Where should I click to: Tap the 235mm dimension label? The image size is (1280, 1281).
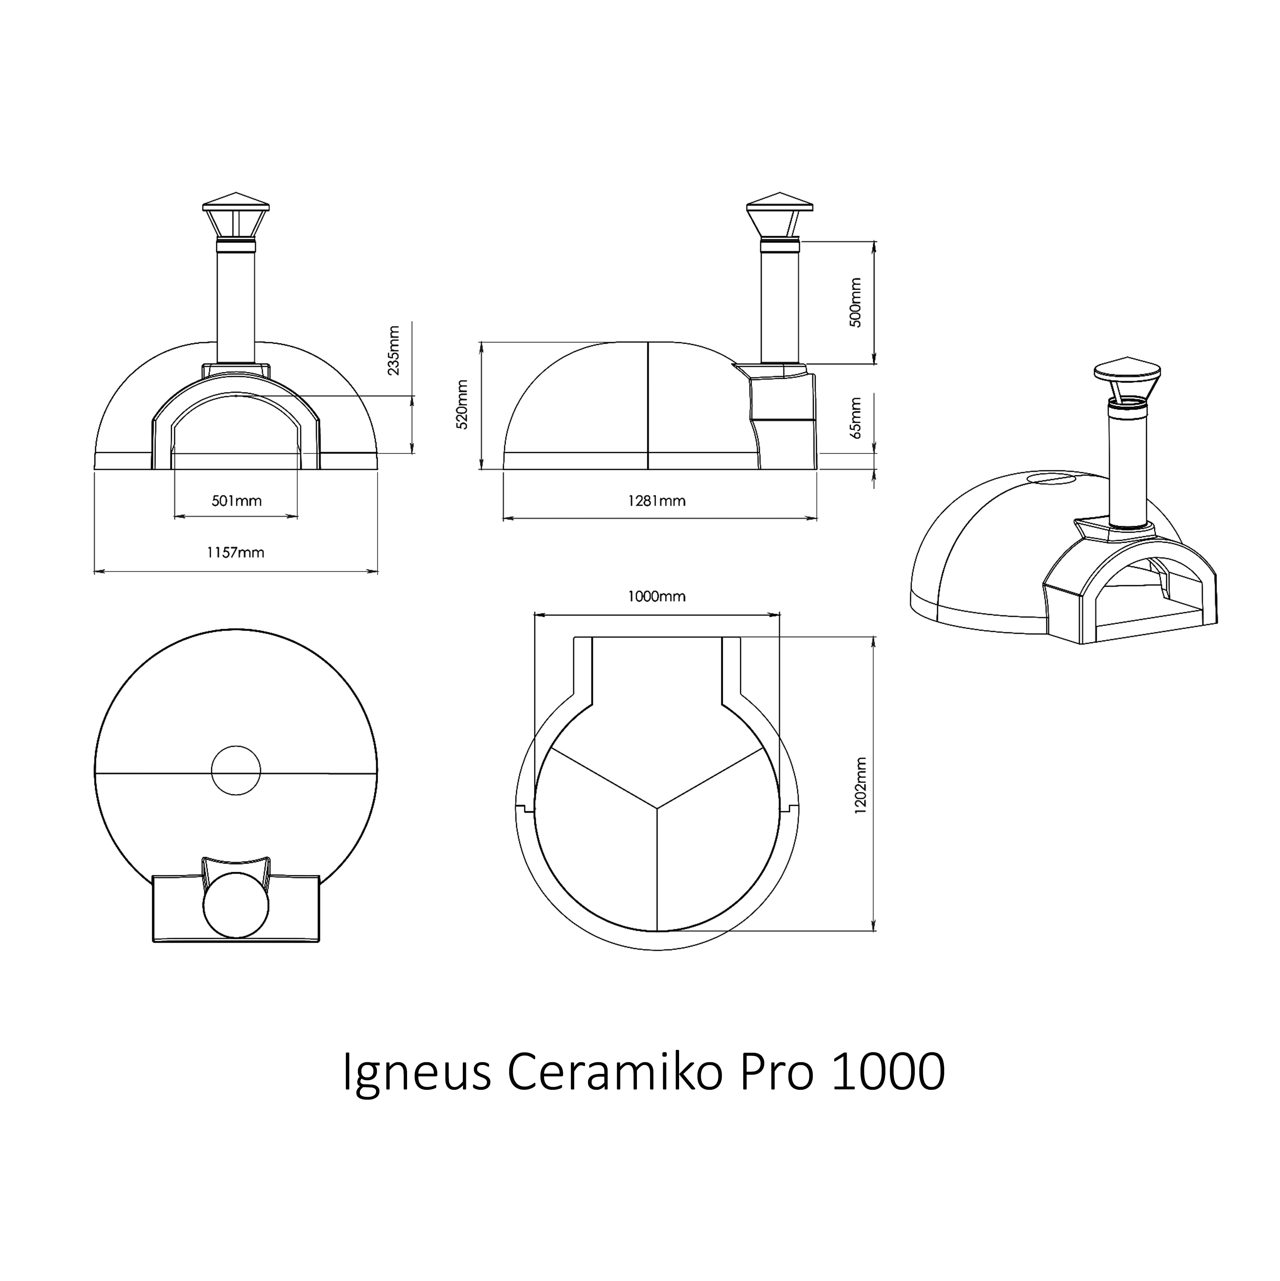pos(394,350)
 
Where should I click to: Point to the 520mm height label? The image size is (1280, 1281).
pos(463,405)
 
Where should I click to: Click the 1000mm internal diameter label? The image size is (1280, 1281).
pos(656,597)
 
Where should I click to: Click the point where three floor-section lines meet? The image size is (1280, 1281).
pos(657,808)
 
